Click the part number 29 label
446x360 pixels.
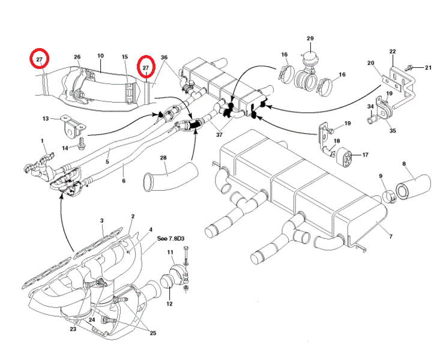[x=310, y=38]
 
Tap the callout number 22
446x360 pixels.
[x=393, y=52]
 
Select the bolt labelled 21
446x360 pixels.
[x=409, y=68]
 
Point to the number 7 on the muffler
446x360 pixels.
[x=391, y=236]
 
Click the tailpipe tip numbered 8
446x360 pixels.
[x=414, y=187]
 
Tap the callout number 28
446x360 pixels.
[x=163, y=158]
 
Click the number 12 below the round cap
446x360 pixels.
[x=169, y=304]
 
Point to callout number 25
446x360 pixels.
[x=153, y=333]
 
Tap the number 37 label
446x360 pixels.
[x=219, y=134]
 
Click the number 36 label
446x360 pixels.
[x=164, y=58]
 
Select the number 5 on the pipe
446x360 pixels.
[x=107, y=162]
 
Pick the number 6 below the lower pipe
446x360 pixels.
[x=124, y=181]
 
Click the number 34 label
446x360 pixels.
[x=370, y=106]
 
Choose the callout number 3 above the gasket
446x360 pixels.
[x=102, y=221]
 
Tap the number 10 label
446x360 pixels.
[x=100, y=56]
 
